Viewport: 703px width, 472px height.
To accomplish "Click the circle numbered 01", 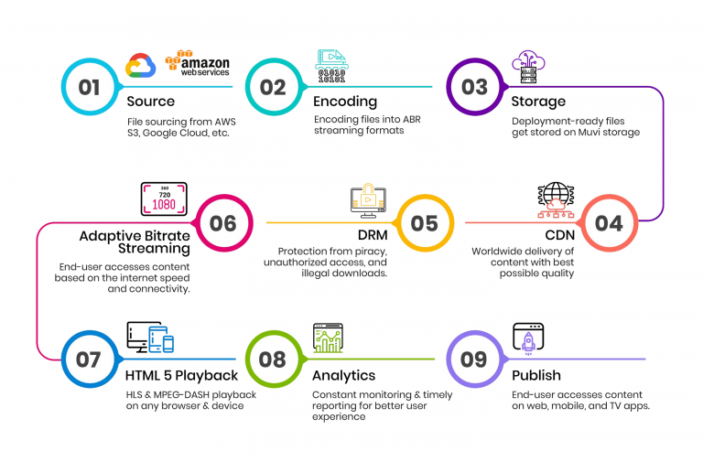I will point(89,87).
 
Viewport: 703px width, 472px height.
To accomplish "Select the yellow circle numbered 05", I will point(424,223).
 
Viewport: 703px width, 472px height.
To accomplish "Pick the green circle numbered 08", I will point(273,359).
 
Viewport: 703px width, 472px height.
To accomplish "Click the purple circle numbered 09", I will point(473,359).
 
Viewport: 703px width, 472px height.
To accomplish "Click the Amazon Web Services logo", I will point(197,64).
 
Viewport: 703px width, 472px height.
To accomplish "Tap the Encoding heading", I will point(344,102).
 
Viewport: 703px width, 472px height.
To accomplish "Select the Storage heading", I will point(538,102).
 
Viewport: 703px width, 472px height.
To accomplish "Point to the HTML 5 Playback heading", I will point(180,375).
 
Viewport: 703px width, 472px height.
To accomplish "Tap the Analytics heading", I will point(344,375).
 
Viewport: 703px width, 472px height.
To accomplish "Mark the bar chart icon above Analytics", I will point(327,338).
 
